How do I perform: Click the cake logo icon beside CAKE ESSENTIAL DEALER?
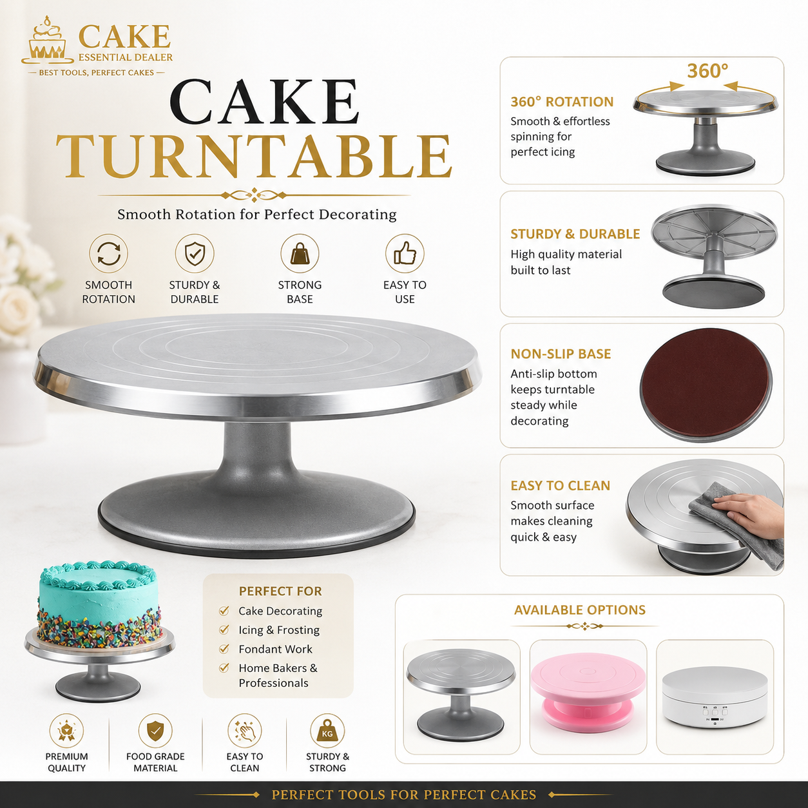tap(48, 40)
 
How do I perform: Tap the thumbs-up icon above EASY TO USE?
tap(405, 253)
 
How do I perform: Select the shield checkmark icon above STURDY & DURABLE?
tap(195, 253)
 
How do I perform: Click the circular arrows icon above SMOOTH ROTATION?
tap(109, 253)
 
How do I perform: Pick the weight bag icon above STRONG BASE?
tap(300, 253)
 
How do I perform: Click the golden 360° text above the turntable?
tap(707, 71)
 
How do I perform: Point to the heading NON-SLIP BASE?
tap(561, 354)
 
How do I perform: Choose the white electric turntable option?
tap(715, 697)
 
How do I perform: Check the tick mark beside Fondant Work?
tap(224, 649)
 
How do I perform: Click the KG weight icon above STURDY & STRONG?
tap(327, 731)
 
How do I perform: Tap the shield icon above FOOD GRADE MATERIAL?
tap(155, 731)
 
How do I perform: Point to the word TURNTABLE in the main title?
tap(254, 155)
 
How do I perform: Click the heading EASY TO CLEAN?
tap(560, 486)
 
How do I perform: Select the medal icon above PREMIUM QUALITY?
tap(66, 731)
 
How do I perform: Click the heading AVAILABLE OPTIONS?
tap(580, 610)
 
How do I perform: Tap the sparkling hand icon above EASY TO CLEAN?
tap(244, 731)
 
